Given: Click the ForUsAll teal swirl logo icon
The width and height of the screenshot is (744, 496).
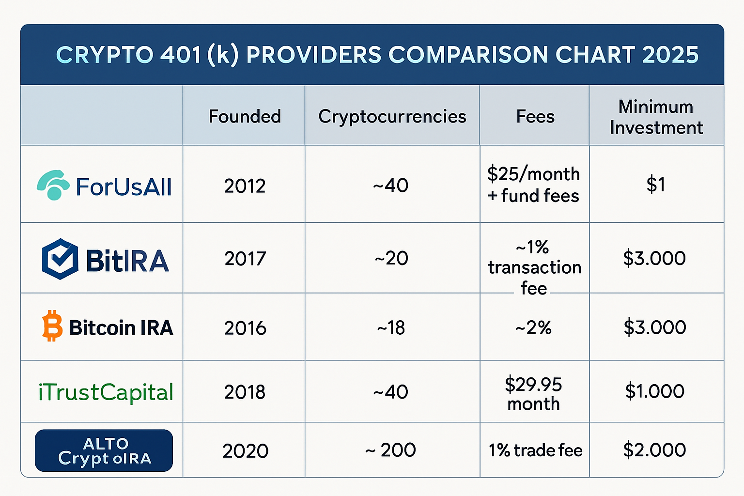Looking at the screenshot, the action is [x=53, y=185].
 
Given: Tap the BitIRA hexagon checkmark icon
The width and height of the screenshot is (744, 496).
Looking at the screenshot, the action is [x=60, y=259].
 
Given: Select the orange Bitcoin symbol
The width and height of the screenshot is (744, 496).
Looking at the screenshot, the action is [x=52, y=326].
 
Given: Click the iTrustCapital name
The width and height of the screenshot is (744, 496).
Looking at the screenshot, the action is [x=106, y=392].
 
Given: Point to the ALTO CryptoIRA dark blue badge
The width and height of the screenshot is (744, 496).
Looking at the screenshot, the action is [x=104, y=450].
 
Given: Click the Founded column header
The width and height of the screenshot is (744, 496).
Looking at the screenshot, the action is [x=245, y=116].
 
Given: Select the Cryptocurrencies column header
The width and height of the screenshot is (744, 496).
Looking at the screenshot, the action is [x=392, y=117].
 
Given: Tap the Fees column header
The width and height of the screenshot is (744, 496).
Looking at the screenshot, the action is [x=535, y=117].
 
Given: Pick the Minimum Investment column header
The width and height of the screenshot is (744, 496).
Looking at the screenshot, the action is [x=656, y=117].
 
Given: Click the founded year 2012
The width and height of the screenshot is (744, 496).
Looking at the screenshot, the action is [x=245, y=186].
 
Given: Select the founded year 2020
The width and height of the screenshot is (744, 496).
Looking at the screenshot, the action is [x=246, y=451].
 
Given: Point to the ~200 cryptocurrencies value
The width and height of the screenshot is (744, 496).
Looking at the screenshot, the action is [x=390, y=450].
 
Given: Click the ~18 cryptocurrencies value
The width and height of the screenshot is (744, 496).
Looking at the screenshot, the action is [x=391, y=328].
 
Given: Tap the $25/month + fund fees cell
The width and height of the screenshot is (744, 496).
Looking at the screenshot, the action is [x=533, y=185].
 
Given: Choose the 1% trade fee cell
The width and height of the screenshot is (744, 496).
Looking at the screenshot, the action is [x=535, y=450].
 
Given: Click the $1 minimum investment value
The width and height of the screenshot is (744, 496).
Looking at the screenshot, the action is [x=656, y=185].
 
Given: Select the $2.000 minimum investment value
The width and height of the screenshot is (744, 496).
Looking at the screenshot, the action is [x=654, y=450].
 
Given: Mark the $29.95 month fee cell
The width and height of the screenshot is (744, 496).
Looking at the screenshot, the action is [x=533, y=393].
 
